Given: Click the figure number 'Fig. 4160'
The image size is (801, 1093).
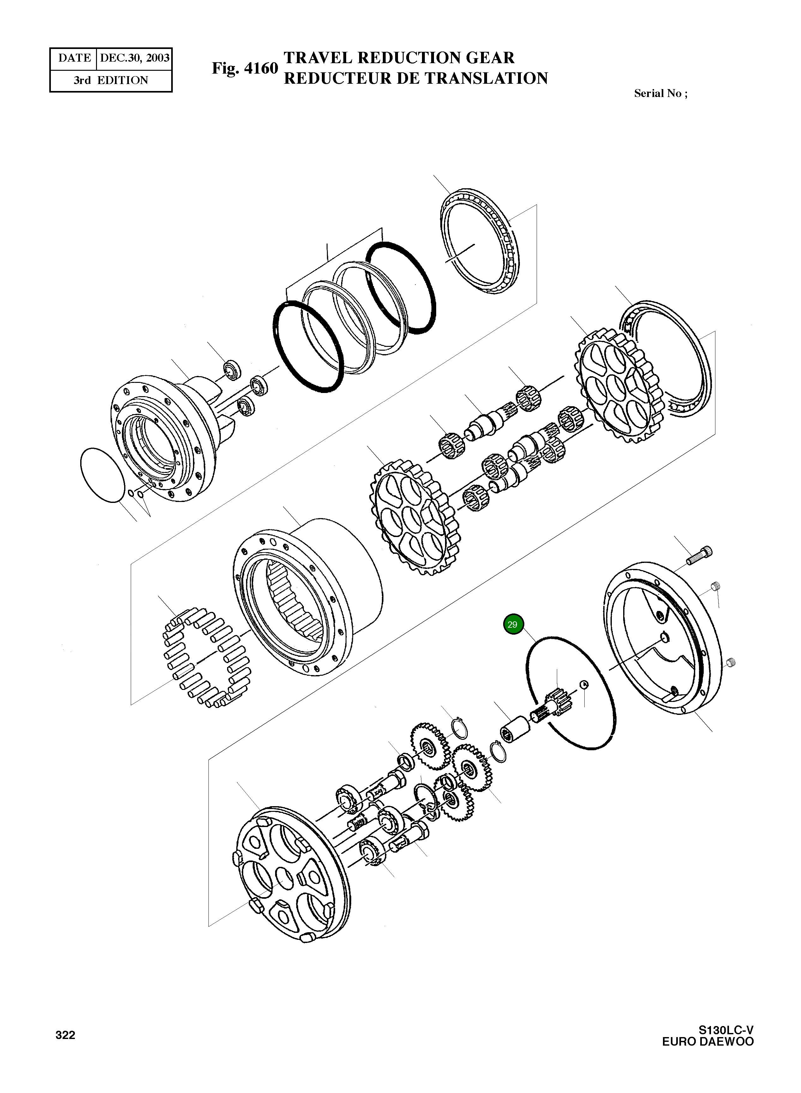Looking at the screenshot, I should point(244,68).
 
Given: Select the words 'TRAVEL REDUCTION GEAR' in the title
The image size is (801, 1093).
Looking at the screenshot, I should point(399,58).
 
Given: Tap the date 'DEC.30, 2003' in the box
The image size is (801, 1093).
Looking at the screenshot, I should point(134,58).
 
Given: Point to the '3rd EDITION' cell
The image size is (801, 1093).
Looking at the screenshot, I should point(111,81).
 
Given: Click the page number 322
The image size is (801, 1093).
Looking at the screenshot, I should point(65,1035).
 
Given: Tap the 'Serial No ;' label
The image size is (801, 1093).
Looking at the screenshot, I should point(660,94).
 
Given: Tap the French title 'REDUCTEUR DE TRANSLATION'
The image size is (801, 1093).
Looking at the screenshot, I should point(416,79).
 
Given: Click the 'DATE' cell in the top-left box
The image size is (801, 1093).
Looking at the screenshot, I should point(74,58).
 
